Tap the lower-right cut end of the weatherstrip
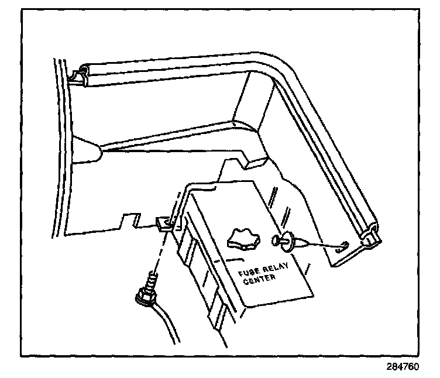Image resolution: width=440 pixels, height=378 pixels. pos(370,239)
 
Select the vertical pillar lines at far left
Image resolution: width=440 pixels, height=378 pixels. pos(59,146)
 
